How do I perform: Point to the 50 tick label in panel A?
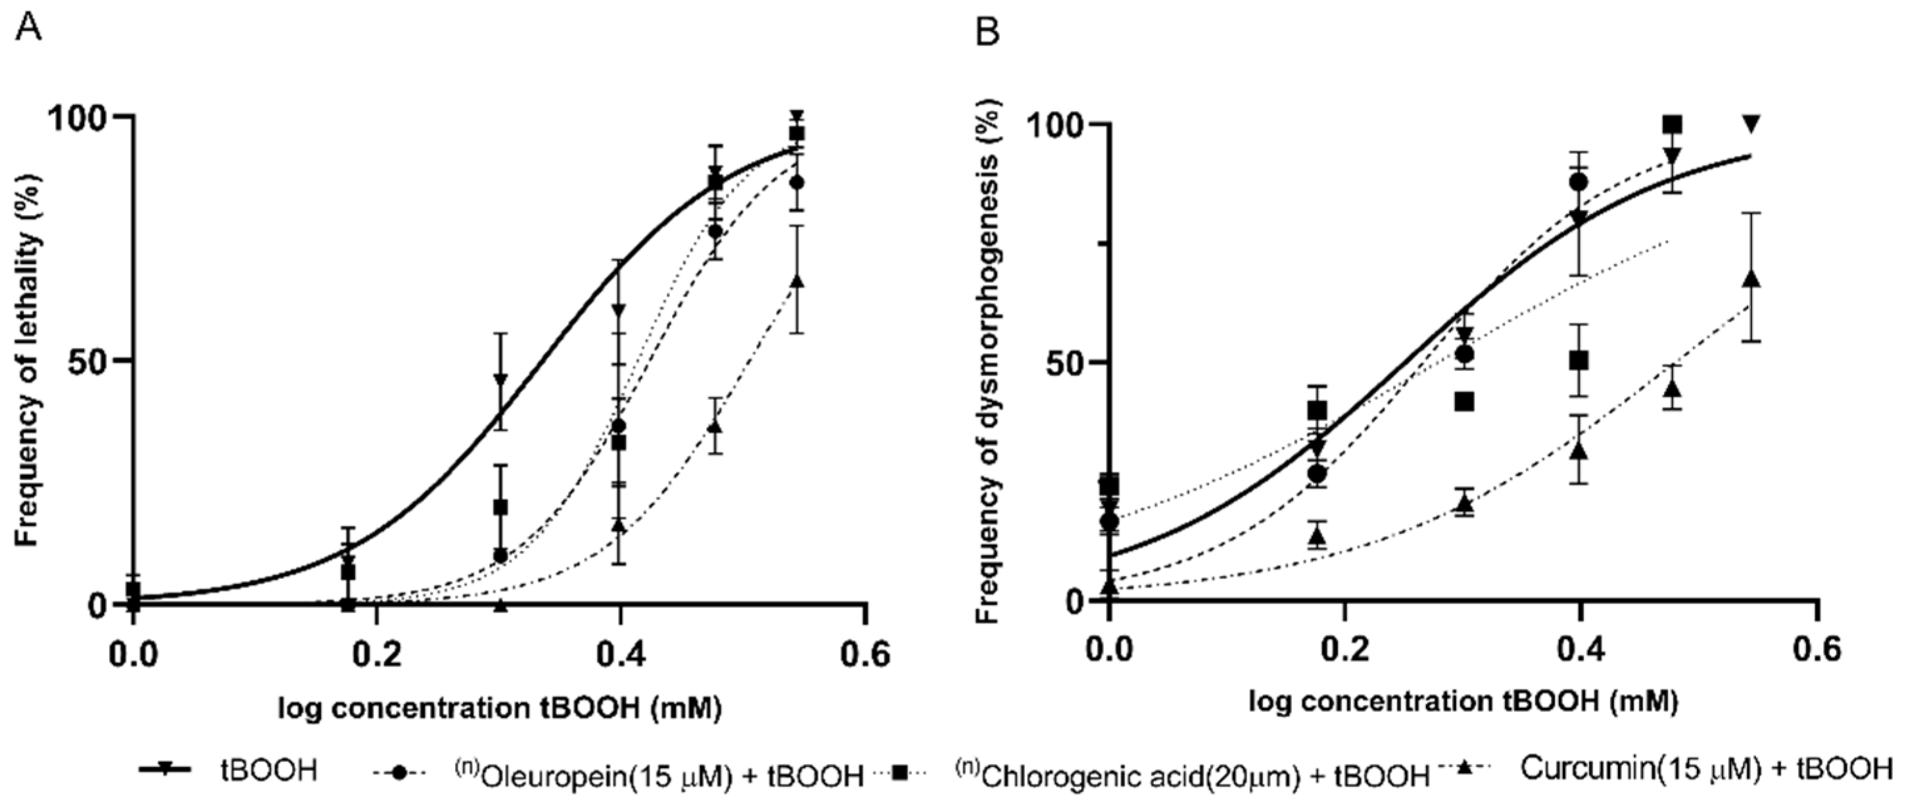pyautogui.click(x=83, y=361)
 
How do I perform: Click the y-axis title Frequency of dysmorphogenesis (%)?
pyautogui.click(x=987, y=362)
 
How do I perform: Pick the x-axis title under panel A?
pyautogui.click(x=500, y=709)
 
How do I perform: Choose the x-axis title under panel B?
pyautogui.click(x=1463, y=701)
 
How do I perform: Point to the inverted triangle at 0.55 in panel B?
pyautogui.click(x=1751, y=124)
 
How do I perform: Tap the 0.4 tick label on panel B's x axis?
pyautogui.click(x=1581, y=651)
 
